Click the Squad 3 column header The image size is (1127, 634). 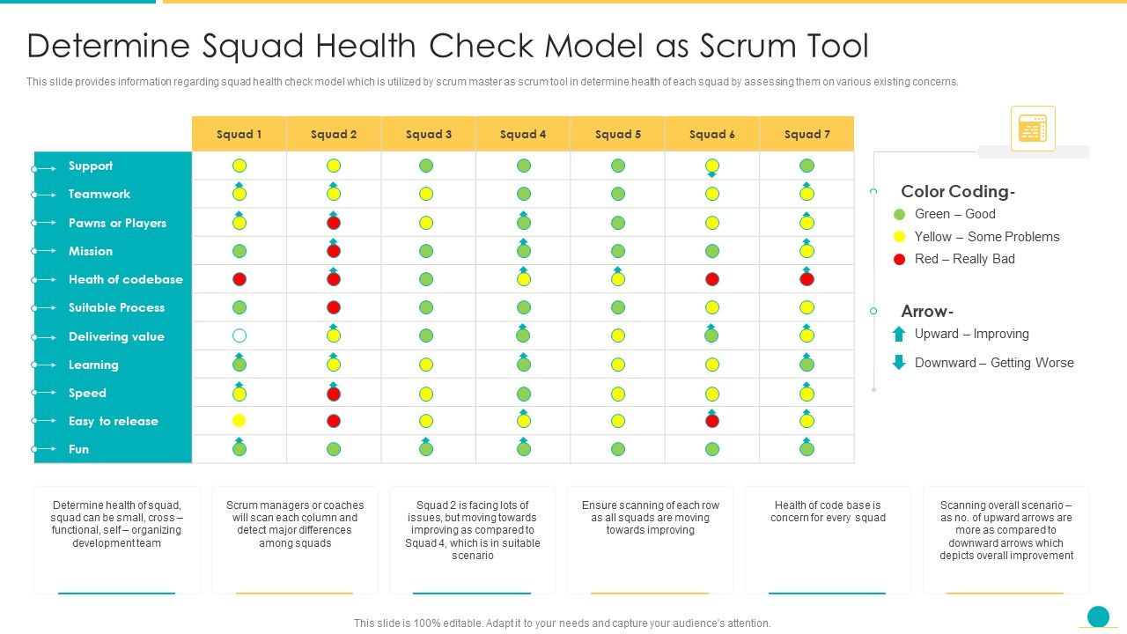(x=429, y=134)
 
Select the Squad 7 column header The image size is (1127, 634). (x=807, y=134)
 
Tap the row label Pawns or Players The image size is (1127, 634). (x=117, y=223)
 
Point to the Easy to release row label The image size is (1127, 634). (x=113, y=421)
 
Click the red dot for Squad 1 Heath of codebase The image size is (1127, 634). (x=239, y=279)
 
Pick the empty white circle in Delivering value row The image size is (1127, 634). (x=239, y=335)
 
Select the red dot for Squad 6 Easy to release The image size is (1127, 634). (x=712, y=421)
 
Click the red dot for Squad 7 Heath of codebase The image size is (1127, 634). (x=807, y=279)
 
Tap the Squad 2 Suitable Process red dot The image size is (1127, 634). (x=334, y=307)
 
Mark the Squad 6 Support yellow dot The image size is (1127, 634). (x=712, y=166)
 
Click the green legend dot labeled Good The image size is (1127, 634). (x=899, y=214)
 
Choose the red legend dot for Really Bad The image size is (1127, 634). (x=899, y=259)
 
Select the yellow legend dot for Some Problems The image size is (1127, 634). (x=899, y=237)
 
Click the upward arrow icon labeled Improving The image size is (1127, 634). (x=899, y=334)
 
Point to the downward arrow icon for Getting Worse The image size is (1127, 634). (x=899, y=362)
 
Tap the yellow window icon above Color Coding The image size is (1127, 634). (x=1033, y=129)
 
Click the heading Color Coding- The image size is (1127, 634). (x=958, y=191)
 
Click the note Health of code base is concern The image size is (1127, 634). (x=828, y=512)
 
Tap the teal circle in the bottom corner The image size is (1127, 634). (x=1098, y=616)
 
